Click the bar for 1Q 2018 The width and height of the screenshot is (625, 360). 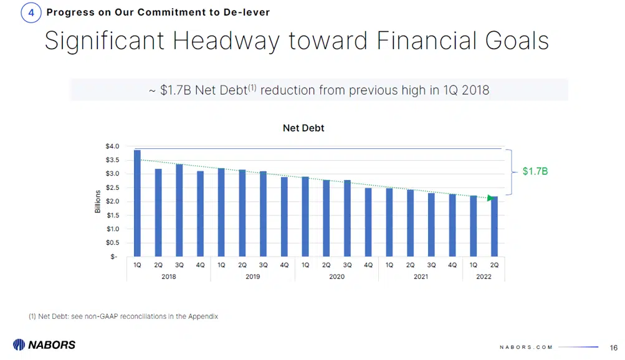coord(137,203)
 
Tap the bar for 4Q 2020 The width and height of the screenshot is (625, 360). coord(368,222)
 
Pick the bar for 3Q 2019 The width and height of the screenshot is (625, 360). coord(263,214)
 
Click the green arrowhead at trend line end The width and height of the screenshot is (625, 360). coord(491,199)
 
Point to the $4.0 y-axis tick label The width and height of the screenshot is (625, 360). coord(113,146)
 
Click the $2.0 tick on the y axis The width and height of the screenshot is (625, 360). coord(113,201)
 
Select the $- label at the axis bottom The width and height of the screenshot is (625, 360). coord(114,257)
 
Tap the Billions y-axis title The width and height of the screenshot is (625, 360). coord(98,201)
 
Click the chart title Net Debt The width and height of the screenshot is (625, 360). coord(303,128)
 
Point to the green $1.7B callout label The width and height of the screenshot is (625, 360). coord(535,171)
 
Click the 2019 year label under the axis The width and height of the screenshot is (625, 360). coord(252,277)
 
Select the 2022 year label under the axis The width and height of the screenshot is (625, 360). coord(484,277)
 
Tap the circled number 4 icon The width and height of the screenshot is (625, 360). coord(31,12)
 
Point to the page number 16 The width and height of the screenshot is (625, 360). coord(613,347)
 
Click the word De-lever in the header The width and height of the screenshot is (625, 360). coord(247,12)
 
